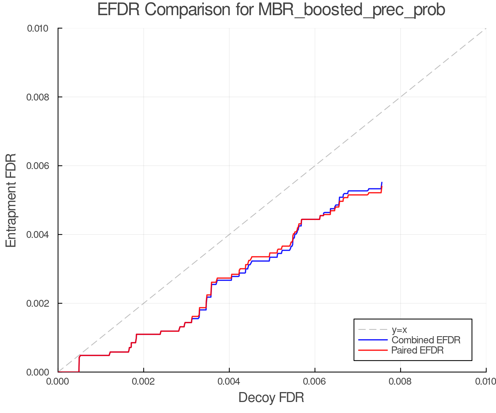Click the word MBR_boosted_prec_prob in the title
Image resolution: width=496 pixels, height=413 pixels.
point(352,10)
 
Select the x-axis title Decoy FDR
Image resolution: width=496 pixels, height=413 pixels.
point(271,398)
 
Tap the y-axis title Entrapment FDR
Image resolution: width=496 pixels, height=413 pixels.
point(11,200)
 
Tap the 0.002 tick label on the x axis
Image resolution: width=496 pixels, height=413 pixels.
point(144,381)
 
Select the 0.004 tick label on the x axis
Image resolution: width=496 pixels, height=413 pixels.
point(229,381)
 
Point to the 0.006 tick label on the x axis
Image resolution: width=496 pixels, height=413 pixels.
point(315,381)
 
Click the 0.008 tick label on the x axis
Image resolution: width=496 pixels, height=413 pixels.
point(400,381)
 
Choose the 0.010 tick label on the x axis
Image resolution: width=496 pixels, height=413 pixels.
point(486,381)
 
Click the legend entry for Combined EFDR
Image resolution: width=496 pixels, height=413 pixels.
point(426,340)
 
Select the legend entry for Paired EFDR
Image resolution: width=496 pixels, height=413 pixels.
point(417,350)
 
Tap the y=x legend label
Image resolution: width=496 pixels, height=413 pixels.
point(399,330)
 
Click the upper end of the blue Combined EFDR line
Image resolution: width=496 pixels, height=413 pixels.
point(382,183)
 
